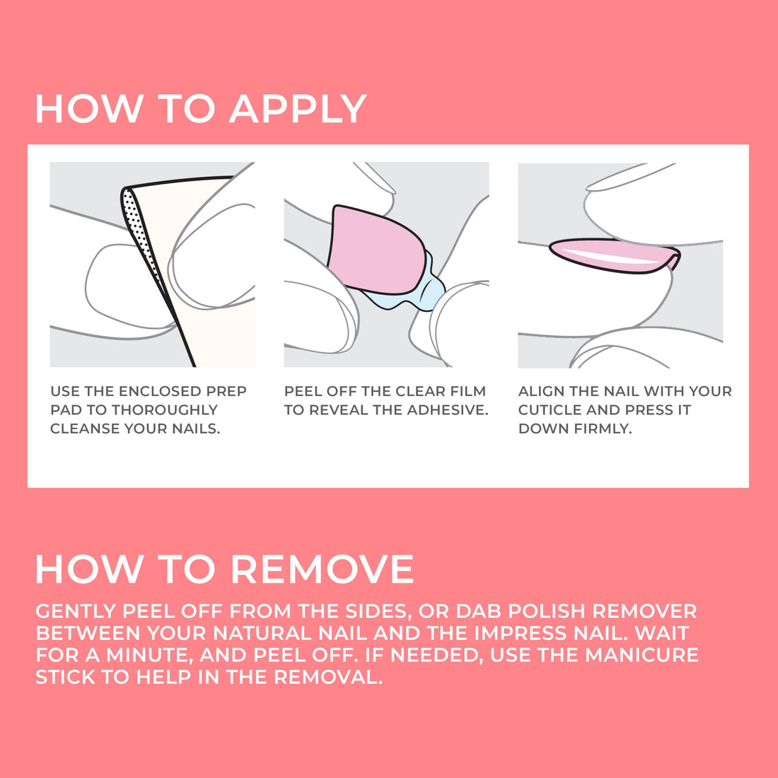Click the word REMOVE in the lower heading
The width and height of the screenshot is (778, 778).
pos(322,569)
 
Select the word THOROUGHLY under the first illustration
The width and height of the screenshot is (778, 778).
pos(165,410)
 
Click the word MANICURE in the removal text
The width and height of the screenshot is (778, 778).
pos(641,655)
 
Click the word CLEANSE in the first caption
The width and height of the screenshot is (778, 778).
pos(86,429)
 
